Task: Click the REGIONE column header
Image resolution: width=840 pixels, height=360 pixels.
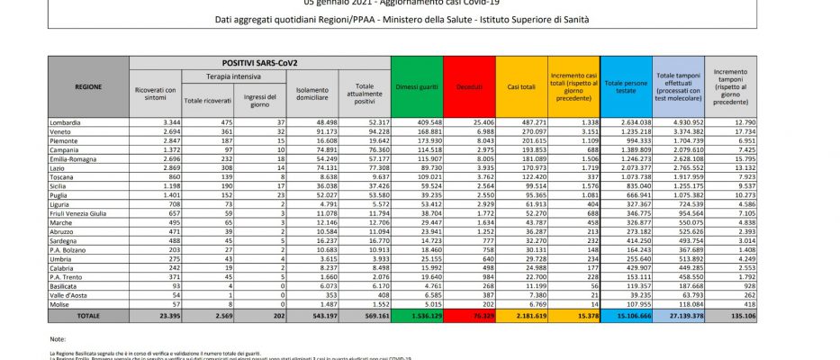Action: [x=89, y=86]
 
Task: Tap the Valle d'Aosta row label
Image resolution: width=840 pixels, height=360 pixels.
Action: [x=69, y=293]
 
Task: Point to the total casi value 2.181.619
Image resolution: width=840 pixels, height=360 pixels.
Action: [x=528, y=317]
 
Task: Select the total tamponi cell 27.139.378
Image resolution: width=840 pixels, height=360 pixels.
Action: [x=680, y=317]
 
